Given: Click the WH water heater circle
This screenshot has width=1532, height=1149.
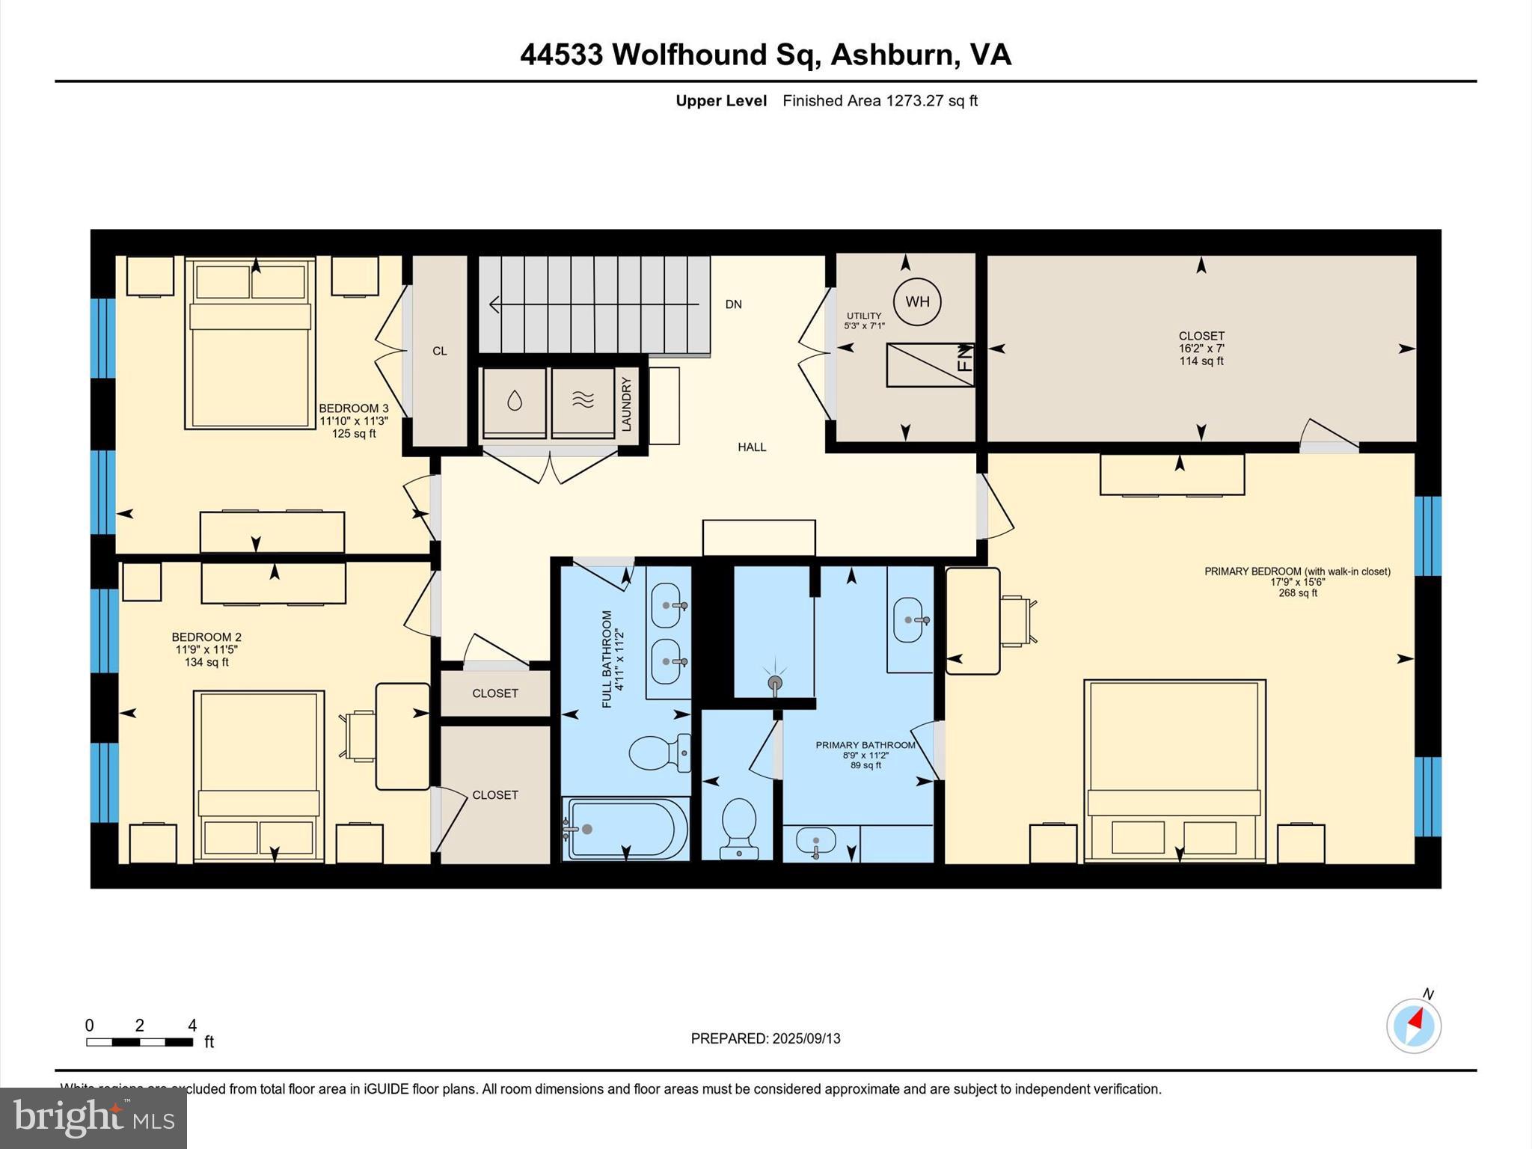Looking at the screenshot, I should coord(917,301).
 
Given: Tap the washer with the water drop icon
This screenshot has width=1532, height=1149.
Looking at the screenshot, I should coord(514,402).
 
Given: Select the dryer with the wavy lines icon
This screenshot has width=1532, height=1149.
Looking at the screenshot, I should coord(583,402).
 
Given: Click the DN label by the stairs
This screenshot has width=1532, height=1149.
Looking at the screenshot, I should coord(733,304).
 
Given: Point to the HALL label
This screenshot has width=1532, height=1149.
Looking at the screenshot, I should coord(752,447).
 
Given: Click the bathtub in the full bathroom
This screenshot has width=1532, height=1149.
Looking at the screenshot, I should coord(627,829).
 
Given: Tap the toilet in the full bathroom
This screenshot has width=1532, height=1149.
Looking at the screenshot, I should coord(659,753).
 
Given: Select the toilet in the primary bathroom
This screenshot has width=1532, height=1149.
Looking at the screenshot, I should coord(739,827).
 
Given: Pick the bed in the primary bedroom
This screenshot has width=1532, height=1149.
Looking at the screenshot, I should coord(1174,770).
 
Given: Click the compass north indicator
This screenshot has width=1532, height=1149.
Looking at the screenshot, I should coord(1414,1025).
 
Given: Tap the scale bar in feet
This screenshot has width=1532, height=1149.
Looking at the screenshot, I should coord(140,1041).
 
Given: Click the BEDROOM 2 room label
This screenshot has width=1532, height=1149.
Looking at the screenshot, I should coord(206,637).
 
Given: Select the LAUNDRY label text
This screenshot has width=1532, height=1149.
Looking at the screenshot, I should coord(627,404).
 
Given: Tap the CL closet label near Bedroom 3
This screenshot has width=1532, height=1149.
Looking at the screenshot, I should coord(439,351).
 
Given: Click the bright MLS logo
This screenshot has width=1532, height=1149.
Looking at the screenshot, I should coord(94,1118).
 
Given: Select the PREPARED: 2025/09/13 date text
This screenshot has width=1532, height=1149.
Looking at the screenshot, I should coord(765,1038).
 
